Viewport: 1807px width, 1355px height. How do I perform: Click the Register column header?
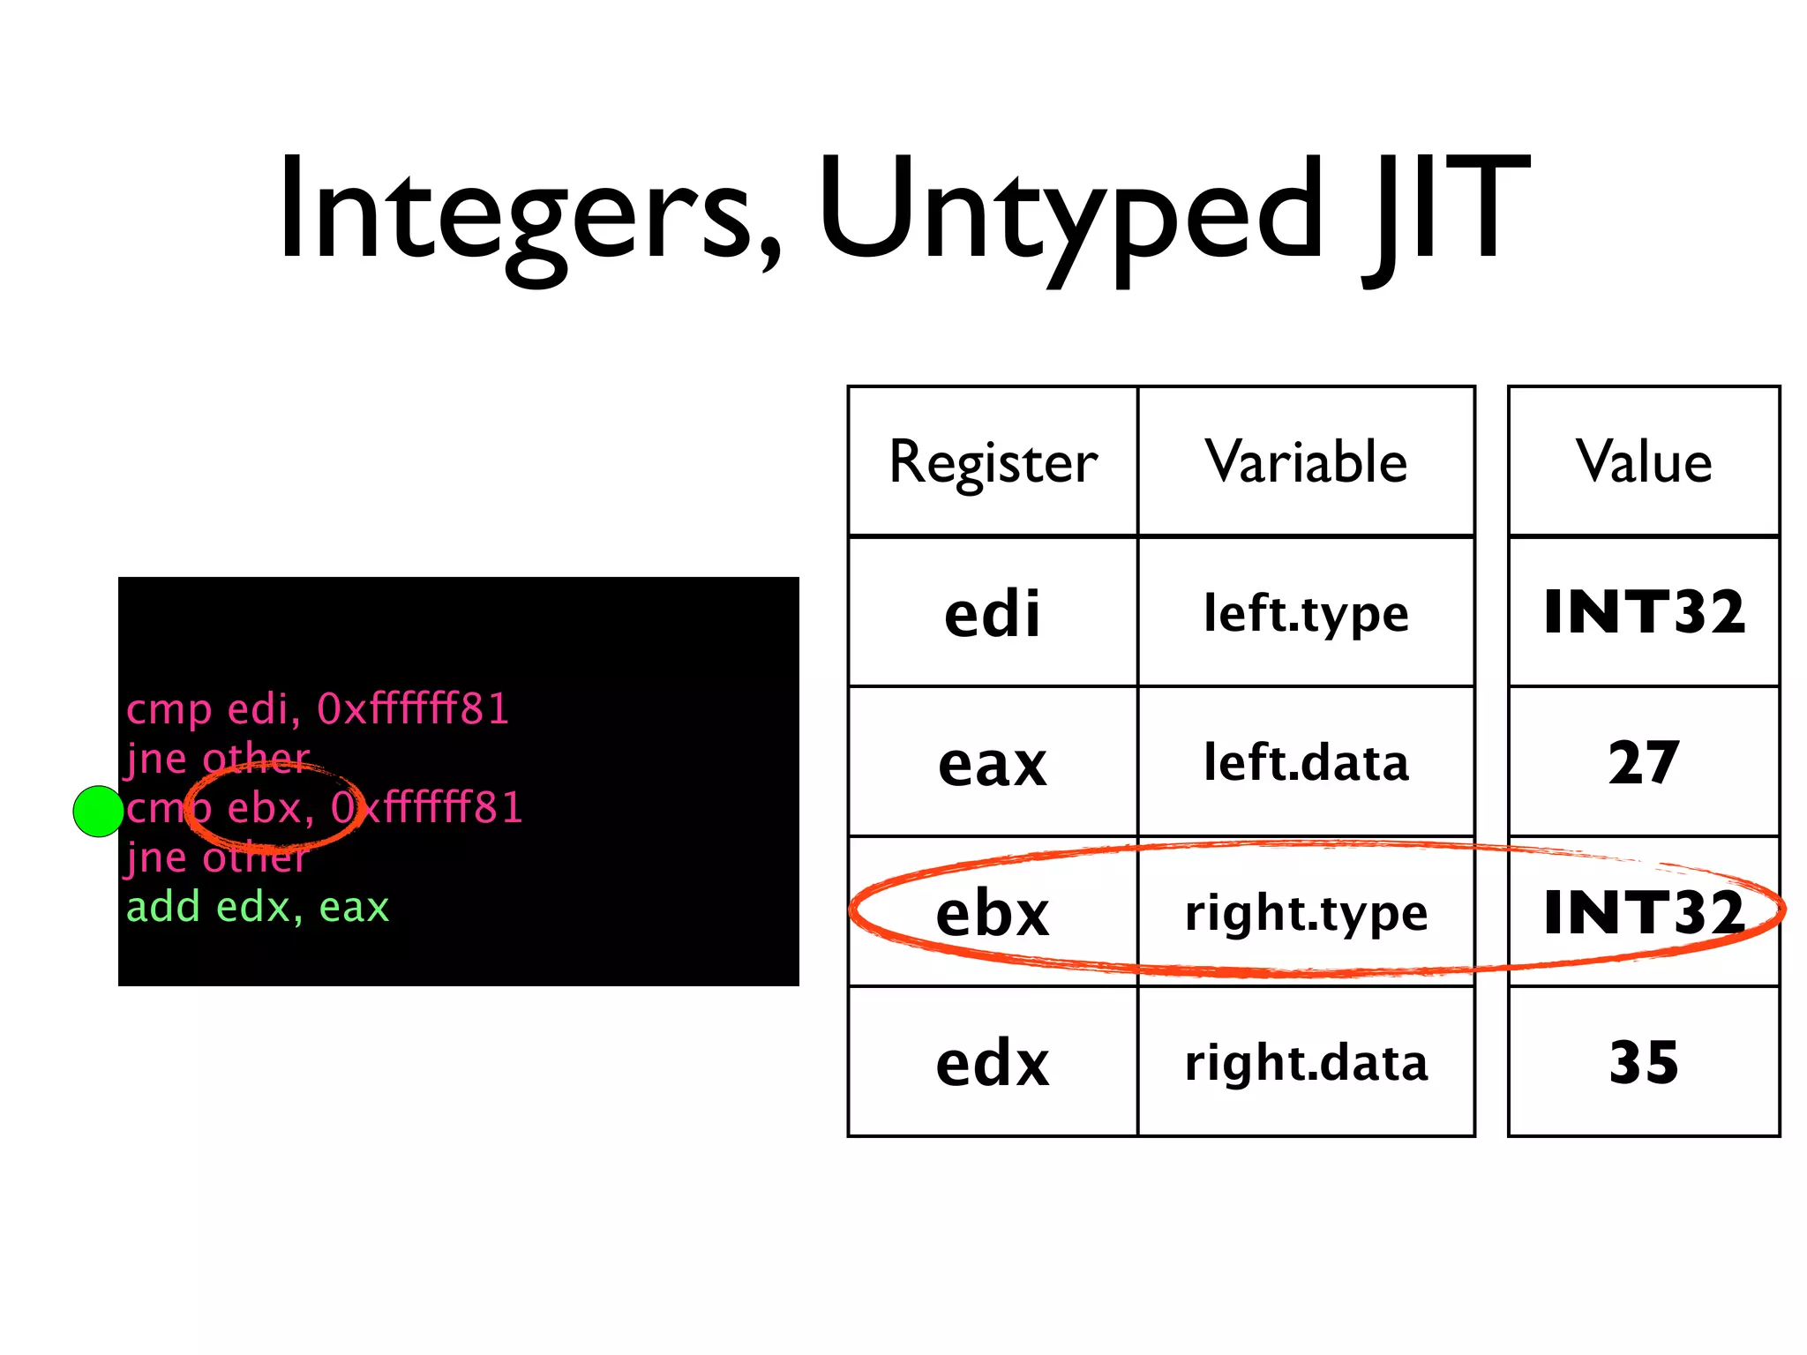(993, 461)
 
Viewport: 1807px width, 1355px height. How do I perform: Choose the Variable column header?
(1306, 461)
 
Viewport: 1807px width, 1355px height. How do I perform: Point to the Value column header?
(1644, 461)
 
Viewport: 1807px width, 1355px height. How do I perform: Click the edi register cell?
(993, 612)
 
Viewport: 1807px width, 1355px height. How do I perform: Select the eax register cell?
(993, 762)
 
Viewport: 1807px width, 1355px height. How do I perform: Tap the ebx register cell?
(993, 912)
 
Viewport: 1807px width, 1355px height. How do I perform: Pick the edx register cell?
(993, 1062)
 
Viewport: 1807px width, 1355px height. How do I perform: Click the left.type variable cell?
(1306, 612)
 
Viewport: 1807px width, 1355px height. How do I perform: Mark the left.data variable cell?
(1306, 762)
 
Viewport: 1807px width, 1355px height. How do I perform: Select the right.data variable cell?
(1306, 1062)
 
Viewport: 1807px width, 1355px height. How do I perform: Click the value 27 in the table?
(1644, 762)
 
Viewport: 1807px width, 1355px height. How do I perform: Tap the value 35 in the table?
(1644, 1062)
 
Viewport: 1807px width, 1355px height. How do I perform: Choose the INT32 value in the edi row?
(1644, 612)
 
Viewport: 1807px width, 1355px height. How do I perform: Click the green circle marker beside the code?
(98, 811)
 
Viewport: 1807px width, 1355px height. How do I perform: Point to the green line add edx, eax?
(258, 907)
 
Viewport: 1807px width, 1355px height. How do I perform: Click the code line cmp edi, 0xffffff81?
(318, 709)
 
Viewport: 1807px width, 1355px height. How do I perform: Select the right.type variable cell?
(1306, 912)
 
